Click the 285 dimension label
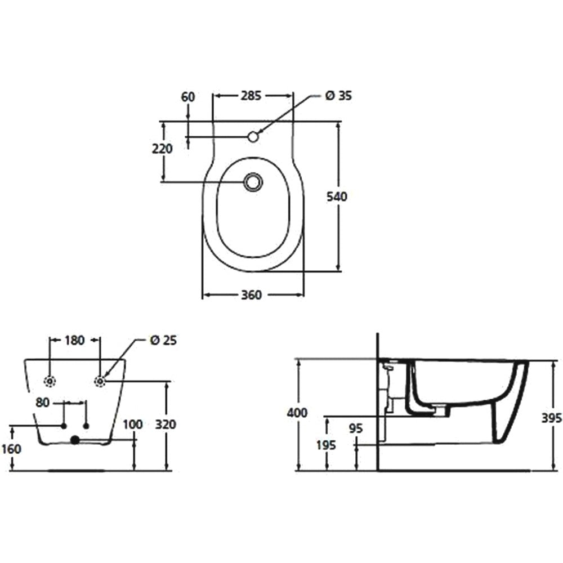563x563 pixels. (251, 96)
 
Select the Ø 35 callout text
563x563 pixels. (338, 96)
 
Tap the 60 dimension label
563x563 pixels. (188, 97)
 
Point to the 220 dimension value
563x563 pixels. (162, 148)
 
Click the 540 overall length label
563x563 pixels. (337, 196)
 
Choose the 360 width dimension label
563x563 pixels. (251, 295)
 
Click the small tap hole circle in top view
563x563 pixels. (253, 136)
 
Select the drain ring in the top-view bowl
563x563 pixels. (253, 181)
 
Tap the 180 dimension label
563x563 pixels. (74, 340)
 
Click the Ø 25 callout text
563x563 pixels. (163, 341)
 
